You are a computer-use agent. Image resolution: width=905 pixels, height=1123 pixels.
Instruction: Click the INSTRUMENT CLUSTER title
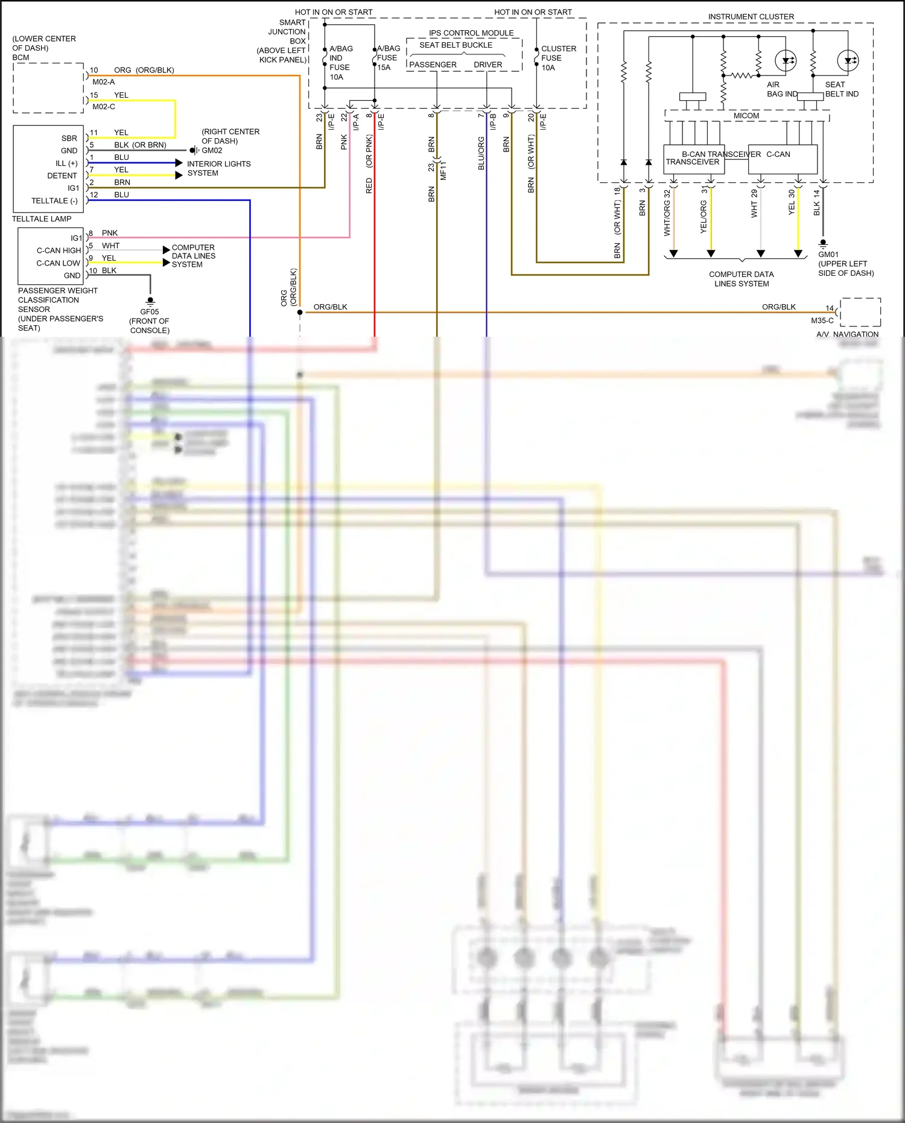coord(751,16)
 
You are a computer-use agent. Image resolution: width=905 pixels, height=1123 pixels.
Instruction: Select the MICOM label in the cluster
coord(746,115)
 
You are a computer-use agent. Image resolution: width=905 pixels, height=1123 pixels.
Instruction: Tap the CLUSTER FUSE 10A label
coord(558,58)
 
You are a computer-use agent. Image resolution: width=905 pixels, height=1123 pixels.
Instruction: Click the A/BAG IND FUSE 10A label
coord(340,63)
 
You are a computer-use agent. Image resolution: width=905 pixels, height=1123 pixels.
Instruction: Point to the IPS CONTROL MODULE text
coord(471,33)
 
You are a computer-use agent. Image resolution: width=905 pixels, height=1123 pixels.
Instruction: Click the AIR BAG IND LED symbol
coord(786,60)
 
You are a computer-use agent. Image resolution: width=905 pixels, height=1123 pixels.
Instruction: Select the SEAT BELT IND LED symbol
coord(848,60)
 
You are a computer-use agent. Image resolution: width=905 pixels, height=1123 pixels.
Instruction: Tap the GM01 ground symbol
coord(823,244)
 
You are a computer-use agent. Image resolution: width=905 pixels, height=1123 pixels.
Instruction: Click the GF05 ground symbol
coord(150,301)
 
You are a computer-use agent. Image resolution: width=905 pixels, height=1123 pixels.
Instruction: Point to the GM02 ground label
coord(212,150)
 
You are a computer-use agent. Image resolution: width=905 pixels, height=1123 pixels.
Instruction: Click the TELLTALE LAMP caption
coord(42,218)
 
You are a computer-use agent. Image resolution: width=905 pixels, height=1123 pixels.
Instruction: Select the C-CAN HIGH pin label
coord(59,250)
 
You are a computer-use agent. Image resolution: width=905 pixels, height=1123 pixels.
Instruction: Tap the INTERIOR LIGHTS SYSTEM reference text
coord(218,168)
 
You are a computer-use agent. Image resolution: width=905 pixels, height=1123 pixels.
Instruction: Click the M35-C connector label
coord(822,320)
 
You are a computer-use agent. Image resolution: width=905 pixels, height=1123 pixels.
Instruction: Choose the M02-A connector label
coord(103,82)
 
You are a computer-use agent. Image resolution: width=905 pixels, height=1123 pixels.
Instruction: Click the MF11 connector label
coord(443,170)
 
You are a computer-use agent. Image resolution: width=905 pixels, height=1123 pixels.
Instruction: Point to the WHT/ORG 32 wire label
coord(667,212)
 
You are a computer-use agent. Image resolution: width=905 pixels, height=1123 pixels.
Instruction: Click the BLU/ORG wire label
coord(481,153)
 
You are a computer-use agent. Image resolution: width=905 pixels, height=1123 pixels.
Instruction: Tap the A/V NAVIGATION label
coord(847,334)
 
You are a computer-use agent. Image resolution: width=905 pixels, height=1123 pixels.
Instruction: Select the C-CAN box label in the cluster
coord(778,154)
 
